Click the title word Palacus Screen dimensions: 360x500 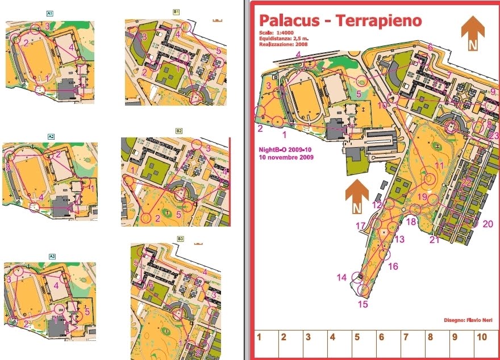290,20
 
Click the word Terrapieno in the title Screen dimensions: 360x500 379,20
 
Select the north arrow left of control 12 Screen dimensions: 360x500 357,197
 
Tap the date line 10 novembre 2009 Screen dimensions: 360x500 286,157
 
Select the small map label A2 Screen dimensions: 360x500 51,136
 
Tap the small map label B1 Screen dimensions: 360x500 176,11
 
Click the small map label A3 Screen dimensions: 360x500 51,257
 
